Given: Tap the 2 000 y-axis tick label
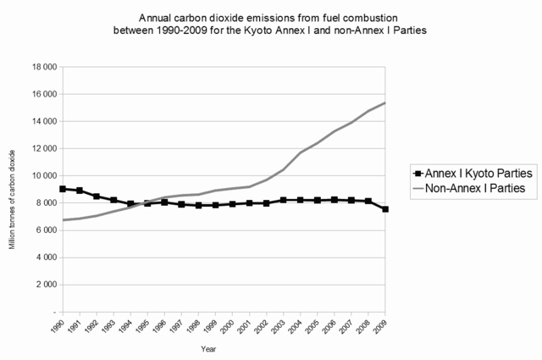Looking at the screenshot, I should click(x=44, y=285).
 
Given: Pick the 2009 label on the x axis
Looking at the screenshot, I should click(x=383, y=326).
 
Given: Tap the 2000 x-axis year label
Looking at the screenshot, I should click(x=230, y=326).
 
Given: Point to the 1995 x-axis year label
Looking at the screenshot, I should click(x=145, y=326).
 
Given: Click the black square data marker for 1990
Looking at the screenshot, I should click(x=64, y=189).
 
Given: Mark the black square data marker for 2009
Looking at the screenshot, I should click(x=386, y=208).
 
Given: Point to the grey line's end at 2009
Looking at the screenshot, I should click(x=386, y=103).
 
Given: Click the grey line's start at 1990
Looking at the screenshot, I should click(x=64, y=220).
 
